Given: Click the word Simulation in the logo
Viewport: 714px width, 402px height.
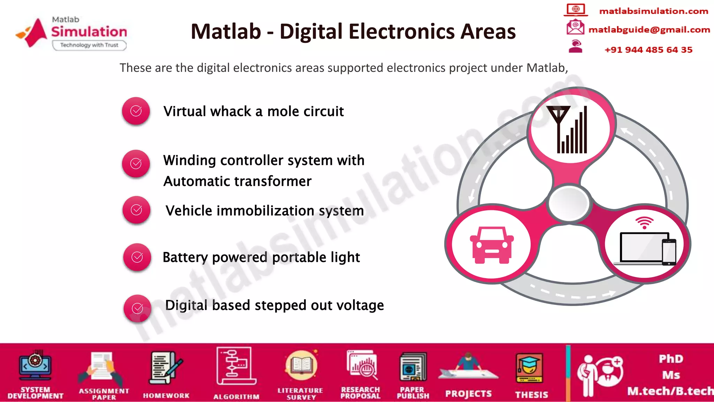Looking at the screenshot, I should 89,32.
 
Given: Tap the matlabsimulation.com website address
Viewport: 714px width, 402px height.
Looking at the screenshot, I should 654,11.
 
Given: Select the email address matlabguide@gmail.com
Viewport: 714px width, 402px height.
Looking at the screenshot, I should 649,30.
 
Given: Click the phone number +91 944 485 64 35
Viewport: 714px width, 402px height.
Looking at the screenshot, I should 648,50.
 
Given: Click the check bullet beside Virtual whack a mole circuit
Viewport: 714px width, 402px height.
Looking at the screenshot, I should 136,111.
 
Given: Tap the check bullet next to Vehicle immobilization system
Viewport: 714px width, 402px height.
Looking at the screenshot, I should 136,210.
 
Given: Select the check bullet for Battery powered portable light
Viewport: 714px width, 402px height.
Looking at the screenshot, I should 137,257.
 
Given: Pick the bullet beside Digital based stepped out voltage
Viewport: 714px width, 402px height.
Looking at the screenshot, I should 138,308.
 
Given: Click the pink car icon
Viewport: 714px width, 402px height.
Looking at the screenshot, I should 492,245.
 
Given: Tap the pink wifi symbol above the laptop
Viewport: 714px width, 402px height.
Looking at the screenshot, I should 644,223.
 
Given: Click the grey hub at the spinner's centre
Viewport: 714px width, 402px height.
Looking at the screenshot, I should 569,203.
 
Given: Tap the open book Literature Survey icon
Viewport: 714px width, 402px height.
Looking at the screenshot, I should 301,366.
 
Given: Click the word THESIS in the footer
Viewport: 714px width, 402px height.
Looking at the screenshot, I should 532,395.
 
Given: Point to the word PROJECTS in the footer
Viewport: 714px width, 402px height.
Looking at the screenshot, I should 468,394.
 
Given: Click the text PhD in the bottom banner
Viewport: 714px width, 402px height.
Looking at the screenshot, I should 671,359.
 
